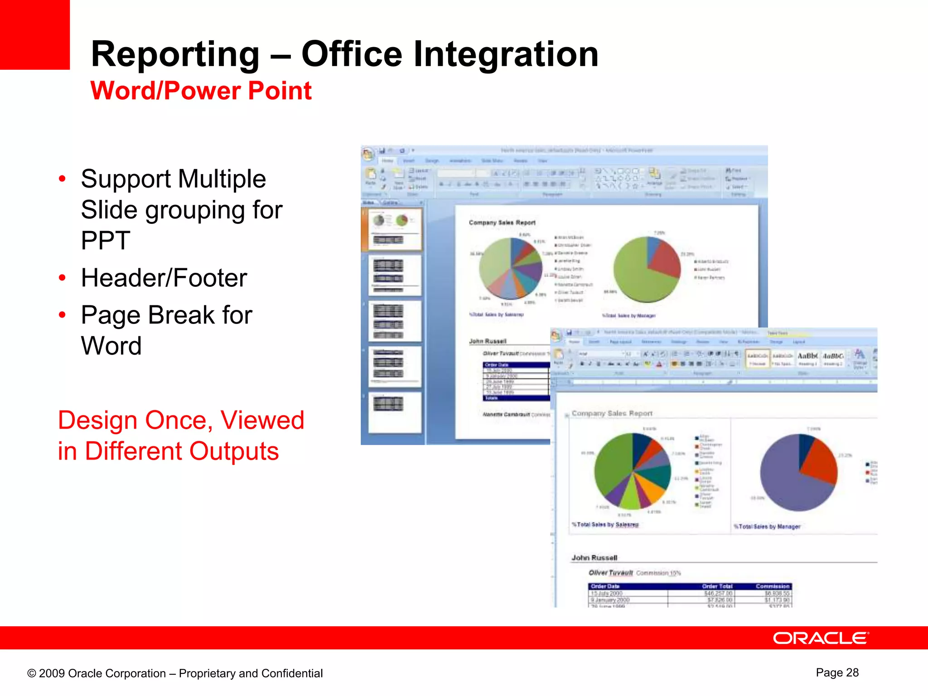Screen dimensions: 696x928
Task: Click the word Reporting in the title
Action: (175, 54)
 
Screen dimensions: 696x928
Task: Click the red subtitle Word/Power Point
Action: (201, 91)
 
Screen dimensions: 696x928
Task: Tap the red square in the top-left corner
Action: (34, 34)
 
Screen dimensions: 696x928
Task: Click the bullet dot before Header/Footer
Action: (62, 277)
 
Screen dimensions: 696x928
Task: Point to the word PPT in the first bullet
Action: (105, 240)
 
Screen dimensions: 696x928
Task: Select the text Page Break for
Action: (166, 315)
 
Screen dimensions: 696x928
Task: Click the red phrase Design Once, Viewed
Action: (181, 420)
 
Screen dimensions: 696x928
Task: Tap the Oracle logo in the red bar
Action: (821, 638)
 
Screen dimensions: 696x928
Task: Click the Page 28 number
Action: (837, 672)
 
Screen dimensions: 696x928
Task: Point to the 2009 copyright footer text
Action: (175, 673)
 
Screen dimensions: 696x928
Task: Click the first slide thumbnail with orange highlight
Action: (394, 229)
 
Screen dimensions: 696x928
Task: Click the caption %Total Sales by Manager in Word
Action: (767, 527)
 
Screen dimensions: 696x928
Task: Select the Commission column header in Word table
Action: (772, 586)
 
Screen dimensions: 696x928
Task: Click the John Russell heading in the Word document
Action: (594, 558)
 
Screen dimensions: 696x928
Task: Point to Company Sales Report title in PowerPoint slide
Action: (502, 222)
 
